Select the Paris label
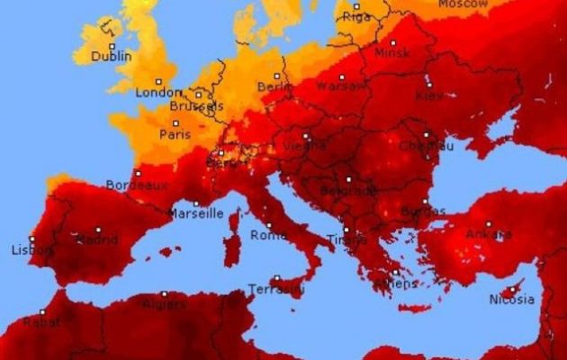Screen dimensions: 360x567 click(x=175, y=134)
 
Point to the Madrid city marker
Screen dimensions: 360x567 click(x=98, y=229)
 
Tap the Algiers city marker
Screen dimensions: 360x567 click(x=164, y=293)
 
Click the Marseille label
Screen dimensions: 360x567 click(x=196, y=214)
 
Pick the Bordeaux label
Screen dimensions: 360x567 click(x=137, y=184)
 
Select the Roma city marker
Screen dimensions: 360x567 click(x=267, y=225)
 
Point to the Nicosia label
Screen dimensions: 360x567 click(x=510, y=300)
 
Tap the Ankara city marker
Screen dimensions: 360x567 click(x=489, y=224)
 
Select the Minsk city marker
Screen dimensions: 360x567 click(x=393, y=42)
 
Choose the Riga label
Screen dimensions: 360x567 click(x=356, y=16)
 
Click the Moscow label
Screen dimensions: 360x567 click(x=463, y=4)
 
